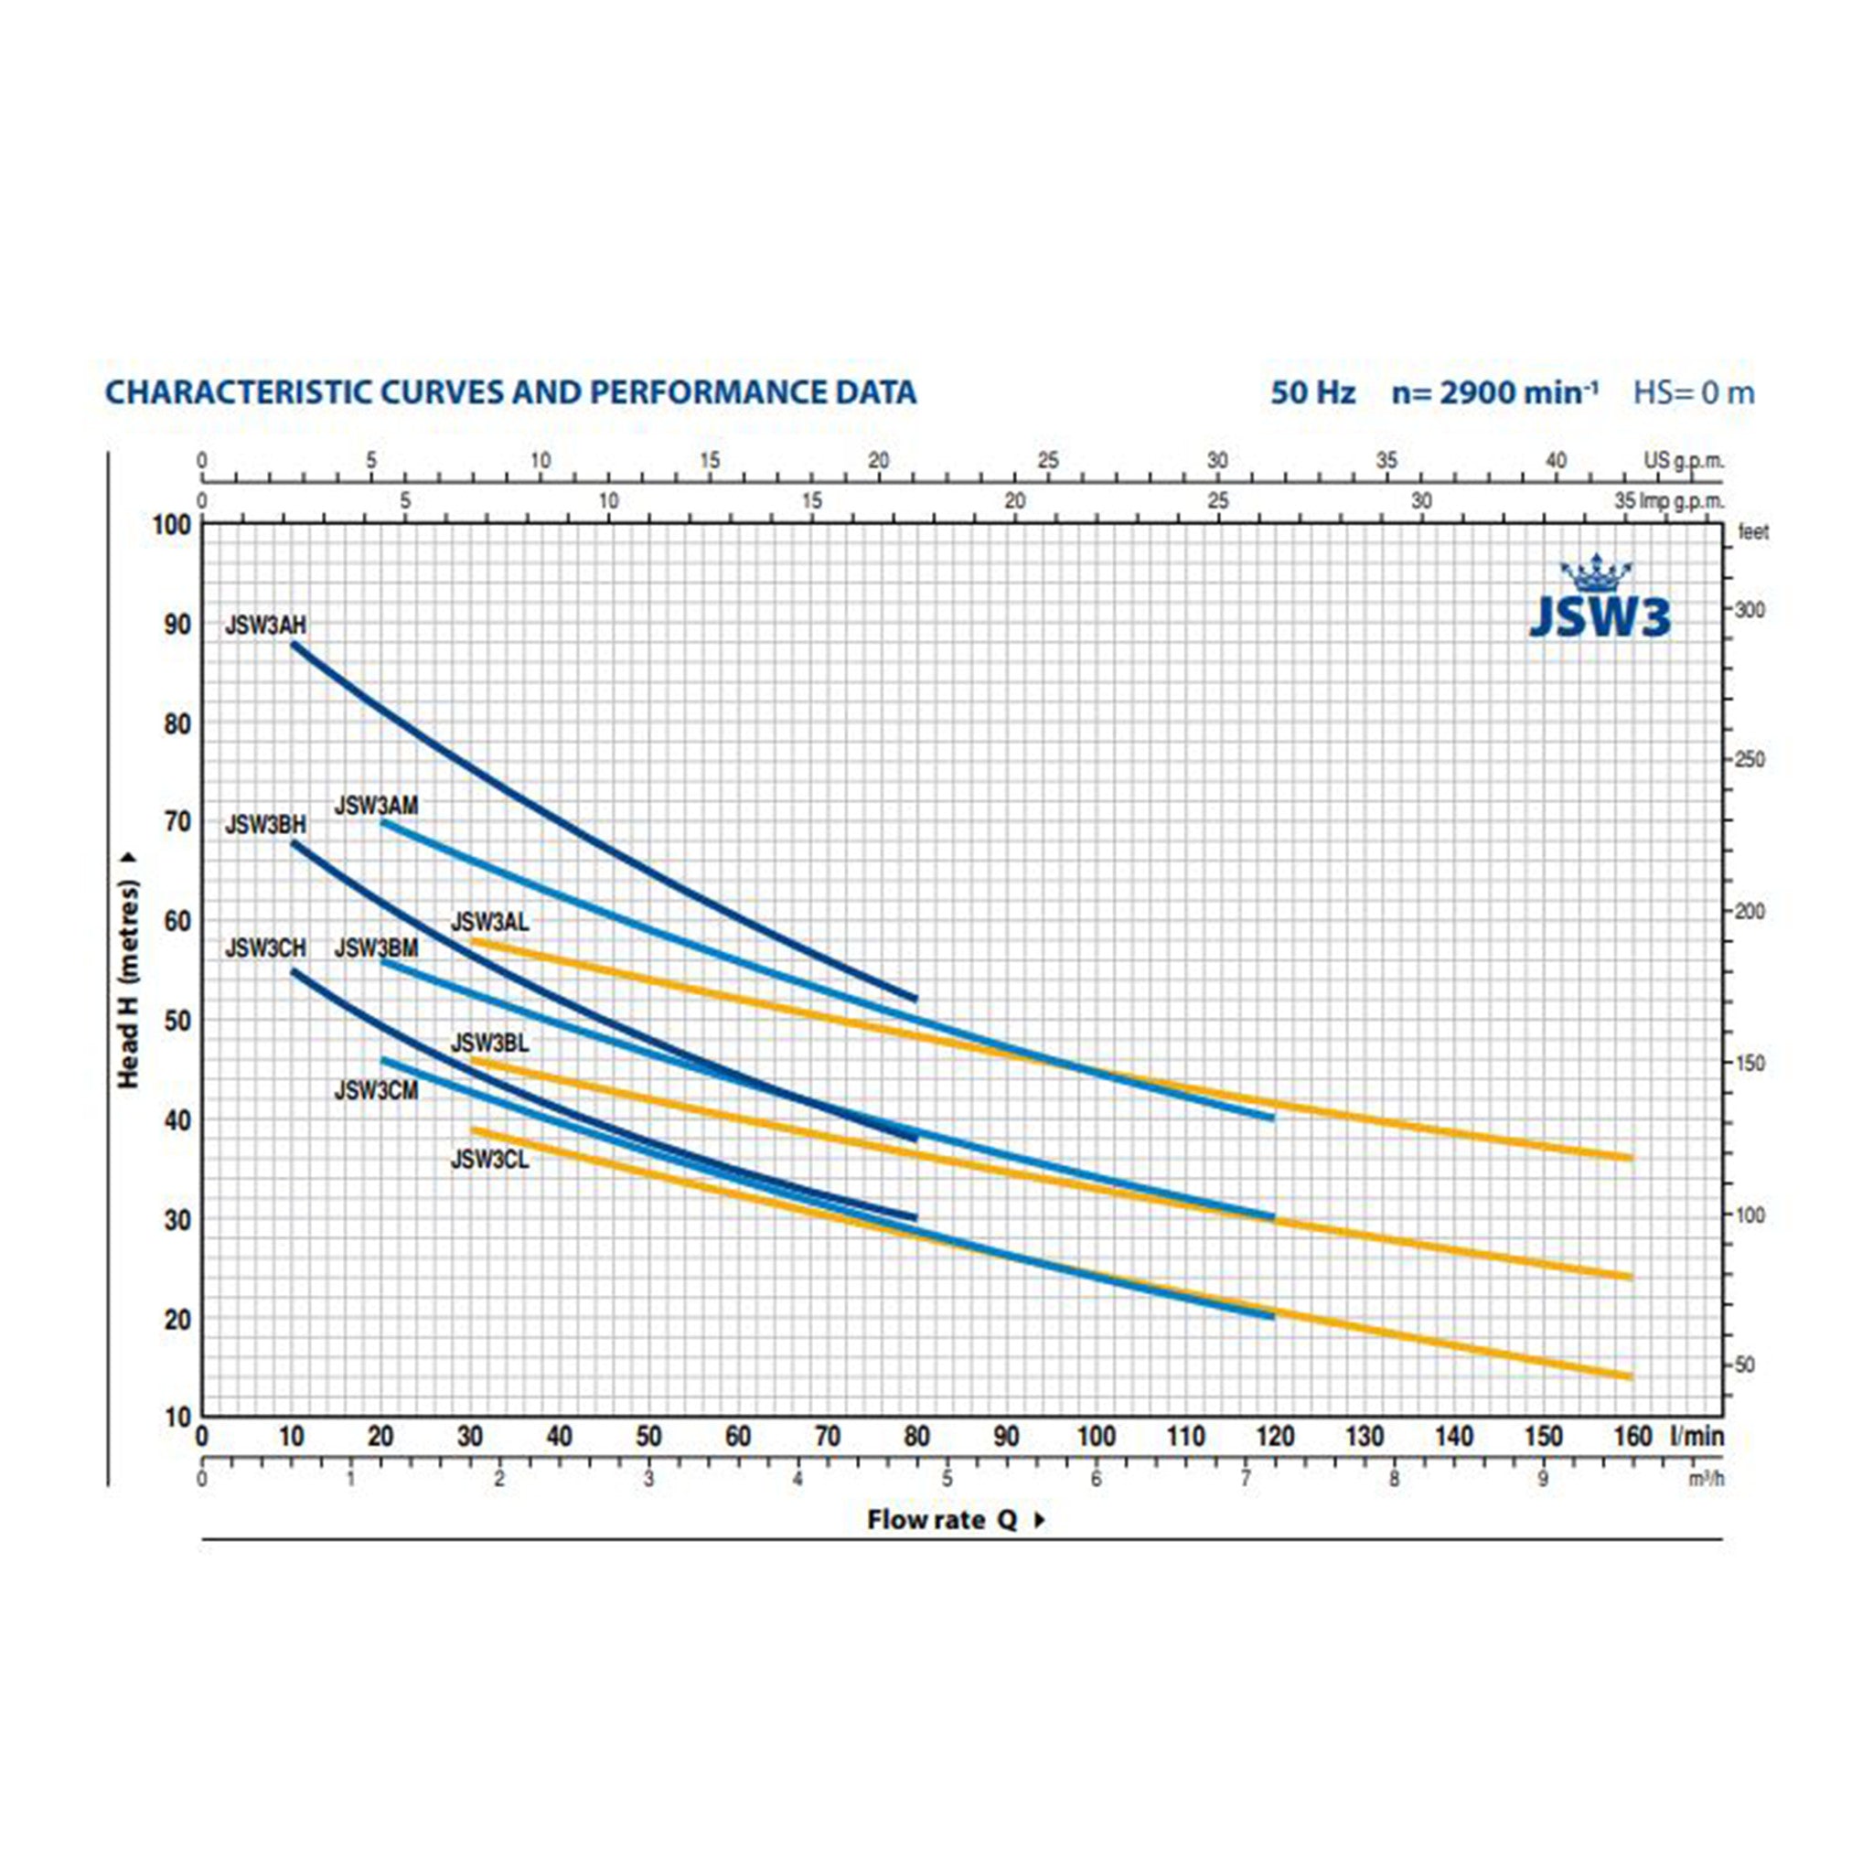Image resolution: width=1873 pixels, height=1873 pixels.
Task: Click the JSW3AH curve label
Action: pos(264,626)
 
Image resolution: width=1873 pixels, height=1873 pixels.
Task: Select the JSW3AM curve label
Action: pos(376,806)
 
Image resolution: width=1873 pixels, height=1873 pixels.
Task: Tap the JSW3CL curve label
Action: pos(489,1160)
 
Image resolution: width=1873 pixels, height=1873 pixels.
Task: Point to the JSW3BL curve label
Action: pos(489,1044)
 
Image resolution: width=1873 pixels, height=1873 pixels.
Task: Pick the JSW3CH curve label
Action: pos(264,948)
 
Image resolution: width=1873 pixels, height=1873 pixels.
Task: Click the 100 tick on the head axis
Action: pos(173,526)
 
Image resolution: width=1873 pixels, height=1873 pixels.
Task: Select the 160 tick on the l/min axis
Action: pos(1633,1436)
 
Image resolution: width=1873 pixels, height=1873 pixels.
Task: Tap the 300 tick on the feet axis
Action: pos(1748,610)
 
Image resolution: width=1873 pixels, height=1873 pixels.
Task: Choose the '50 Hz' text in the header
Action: pos(1312,392)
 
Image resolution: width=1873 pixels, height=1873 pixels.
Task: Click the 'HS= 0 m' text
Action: pos(1694,392)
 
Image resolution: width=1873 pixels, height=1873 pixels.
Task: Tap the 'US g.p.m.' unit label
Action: pos(1683,461)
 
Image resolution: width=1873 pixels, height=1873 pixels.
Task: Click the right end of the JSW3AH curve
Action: pos(915,999)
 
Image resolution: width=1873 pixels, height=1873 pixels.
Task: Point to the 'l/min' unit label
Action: pos(1696,1436)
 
